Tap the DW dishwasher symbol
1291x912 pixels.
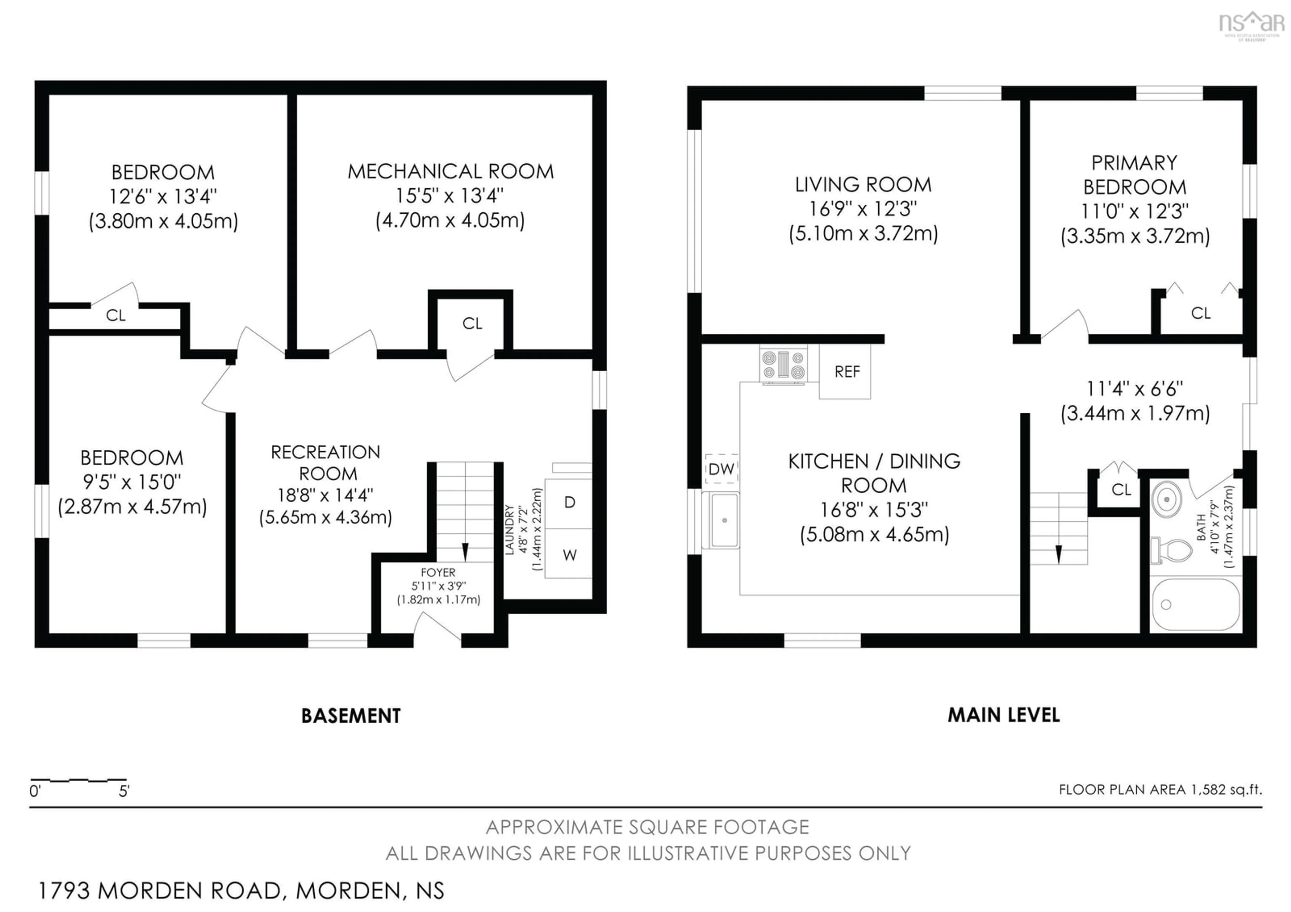point(721,469)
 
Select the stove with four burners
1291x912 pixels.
point(783,365)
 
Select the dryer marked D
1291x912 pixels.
point(569,502)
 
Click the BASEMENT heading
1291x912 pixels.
point(351,716)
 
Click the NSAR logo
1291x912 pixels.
point(1251,24)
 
